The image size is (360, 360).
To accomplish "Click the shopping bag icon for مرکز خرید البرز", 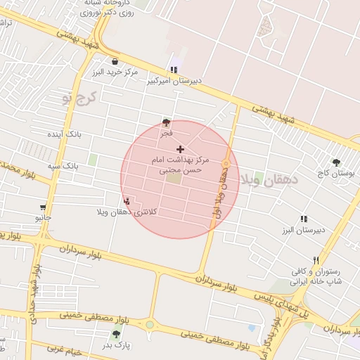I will [115, 61].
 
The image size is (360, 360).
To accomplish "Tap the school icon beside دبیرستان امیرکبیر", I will [173, 69].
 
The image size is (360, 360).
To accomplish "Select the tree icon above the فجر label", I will [166, 122].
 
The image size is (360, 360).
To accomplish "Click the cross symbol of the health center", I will [181, 149].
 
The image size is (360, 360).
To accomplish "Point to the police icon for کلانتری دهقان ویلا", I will [126, 201].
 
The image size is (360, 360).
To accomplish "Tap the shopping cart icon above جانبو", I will [44, 207].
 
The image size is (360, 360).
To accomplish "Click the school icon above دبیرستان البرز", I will [304, 219].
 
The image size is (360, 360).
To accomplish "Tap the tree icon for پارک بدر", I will [116, 334].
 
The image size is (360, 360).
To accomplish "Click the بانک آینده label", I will [65, 133].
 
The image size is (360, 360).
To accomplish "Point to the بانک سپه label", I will [63, 166].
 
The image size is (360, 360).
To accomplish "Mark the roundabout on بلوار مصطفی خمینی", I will [149, 325].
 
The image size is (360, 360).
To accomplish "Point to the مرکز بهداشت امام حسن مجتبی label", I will [177, 165].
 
